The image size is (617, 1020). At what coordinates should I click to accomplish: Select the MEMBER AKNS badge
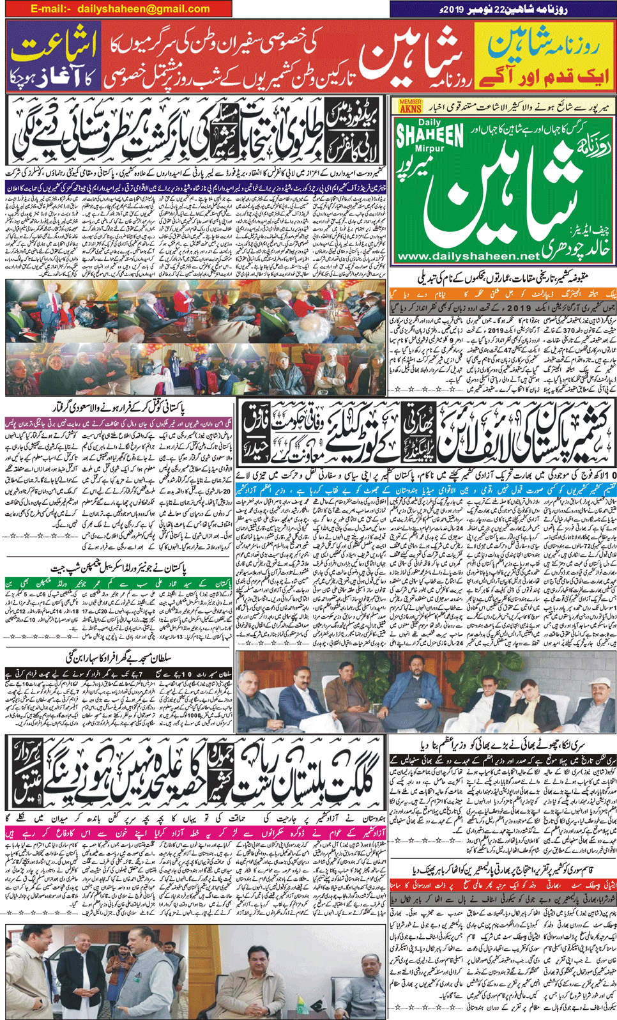pyautogui.click(x=410, y=106)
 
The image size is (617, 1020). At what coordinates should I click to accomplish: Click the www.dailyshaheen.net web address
pyautogui.click(x=468, y=256)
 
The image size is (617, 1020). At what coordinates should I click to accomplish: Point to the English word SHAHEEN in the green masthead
pyautogui.click(x=430, y=135)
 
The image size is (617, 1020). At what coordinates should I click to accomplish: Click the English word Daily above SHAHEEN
pyautogui.click(x=429, y=123)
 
